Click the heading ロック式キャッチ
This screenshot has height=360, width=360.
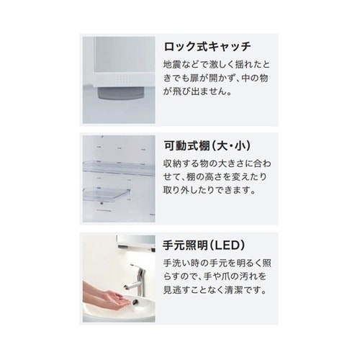pyautogui.click(x=207, y=47)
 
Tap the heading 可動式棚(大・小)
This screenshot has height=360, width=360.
pyautogui.click(x=207, y=145)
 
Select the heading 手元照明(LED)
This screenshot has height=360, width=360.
pyautogui.click(x=204, y=246)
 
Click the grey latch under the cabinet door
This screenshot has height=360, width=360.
pyautogui.click(x=121, y=93)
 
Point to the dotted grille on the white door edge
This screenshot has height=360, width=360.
pyautogui.click(x=123, y=80)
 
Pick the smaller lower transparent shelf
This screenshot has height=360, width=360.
pyautogui.click(x=107, y=193)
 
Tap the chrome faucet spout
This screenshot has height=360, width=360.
pyautogui.click(x=131, y=287)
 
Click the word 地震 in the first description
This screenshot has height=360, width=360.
pyautogui.click(x=170, y=64)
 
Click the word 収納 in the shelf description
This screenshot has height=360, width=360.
pyautogui.click(x=170, y=163)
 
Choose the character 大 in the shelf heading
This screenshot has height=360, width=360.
pyautogui.click(x=222, y=145)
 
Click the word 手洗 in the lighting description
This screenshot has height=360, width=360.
pyautogui.click(x=170, y=264)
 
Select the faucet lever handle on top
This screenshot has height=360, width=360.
pyautogui.click(x=135, y=266)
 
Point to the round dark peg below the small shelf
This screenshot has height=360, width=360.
pyautogui.click(x=102, y=204)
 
